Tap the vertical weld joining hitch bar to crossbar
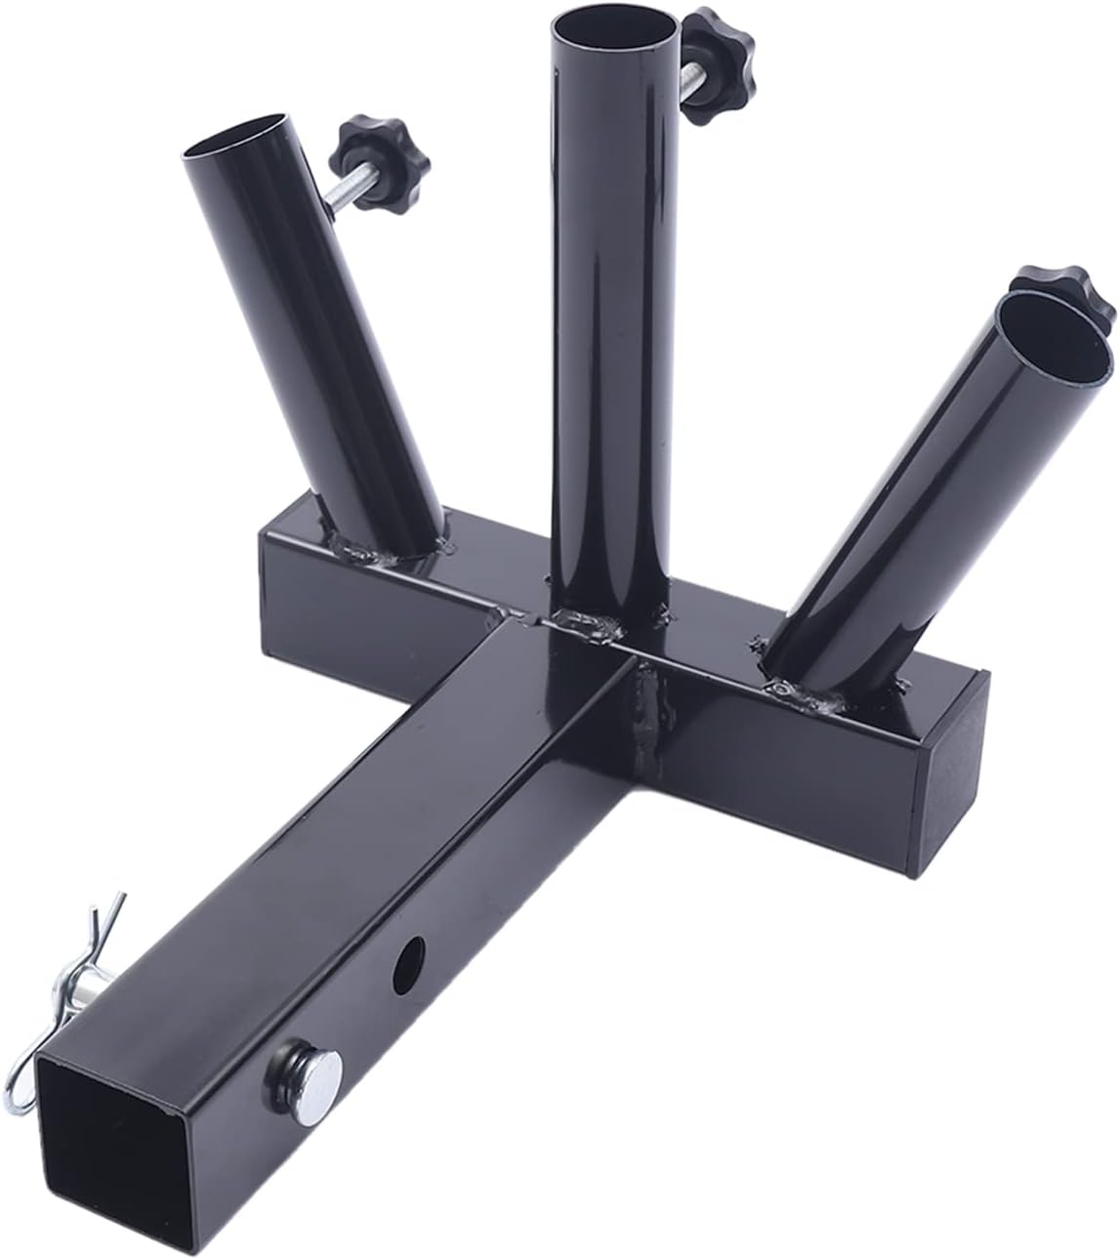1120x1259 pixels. (640, 723)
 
